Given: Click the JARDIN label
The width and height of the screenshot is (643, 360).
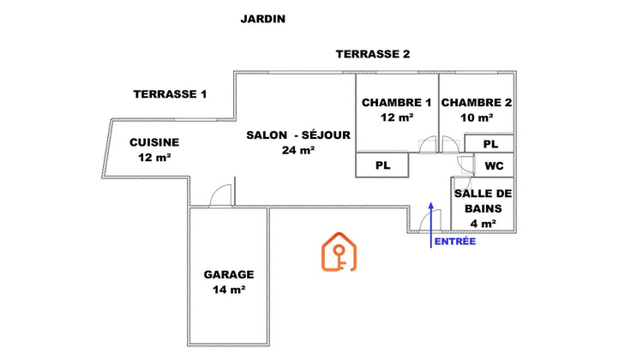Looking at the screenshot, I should (262, 19).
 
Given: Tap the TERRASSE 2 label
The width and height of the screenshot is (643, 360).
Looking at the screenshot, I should (372, 54).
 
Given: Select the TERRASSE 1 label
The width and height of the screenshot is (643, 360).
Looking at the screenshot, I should (171, 94).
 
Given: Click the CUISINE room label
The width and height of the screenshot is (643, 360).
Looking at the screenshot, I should (154, 142).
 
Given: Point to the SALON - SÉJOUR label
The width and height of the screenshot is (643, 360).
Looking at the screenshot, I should (297, 135).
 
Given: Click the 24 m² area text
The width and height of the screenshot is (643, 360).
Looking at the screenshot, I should (297, 150).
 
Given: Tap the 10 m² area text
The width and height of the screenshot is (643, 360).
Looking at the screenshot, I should (477, 117).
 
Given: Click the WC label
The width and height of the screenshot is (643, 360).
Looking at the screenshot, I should (494, 165).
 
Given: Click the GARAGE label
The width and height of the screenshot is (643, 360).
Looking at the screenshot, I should (229, 275).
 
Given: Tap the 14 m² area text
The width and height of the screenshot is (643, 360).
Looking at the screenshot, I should (229, 290).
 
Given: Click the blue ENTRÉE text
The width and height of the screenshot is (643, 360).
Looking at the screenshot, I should (455, 243).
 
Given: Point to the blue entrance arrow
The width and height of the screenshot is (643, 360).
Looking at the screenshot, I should (430, 225).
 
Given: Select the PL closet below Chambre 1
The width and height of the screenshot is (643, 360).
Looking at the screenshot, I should (383, 165).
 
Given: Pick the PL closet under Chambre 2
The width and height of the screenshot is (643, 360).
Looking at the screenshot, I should (490, 144).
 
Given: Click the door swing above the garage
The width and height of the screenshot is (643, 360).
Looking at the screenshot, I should (221, 195).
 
